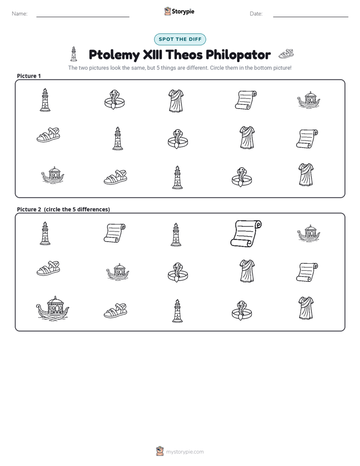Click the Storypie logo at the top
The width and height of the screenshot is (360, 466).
click(179, 11)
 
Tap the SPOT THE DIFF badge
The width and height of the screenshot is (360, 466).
click(180, 39)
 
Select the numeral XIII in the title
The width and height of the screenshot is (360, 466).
click(153, 54)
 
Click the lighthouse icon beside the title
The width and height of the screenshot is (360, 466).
click(74, 54)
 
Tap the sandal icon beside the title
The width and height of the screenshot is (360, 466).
click(286, 54)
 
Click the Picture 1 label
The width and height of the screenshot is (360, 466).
click(29, 76)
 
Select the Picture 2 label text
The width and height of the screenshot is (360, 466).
click(63, 209)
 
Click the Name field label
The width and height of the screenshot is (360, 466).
click(20, 14)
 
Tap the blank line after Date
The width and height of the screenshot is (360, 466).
click(311, 17)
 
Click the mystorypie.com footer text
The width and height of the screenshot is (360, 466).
click(185, 452)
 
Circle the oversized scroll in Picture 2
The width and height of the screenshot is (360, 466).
click(246, 234)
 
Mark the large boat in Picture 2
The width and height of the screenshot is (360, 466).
click(52, 308)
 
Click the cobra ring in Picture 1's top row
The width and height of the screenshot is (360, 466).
click(114, 99)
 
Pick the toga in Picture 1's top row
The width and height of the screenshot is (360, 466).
click(176, 101)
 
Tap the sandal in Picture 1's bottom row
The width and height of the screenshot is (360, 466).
click(115, 177)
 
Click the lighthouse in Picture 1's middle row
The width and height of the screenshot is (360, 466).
click(117, 138)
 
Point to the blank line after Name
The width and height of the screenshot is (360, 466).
click(83, 17)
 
